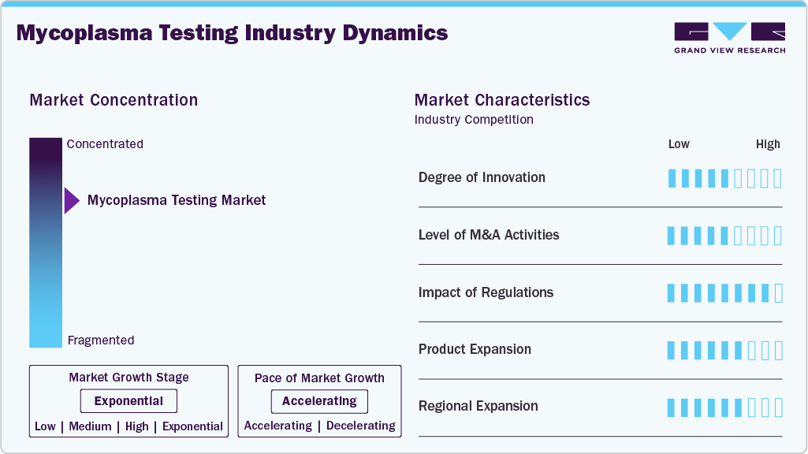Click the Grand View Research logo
pos(729,38)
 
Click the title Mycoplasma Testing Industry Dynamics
pos(232,33)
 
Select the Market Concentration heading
pos(114,100)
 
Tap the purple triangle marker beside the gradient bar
pos(71,201)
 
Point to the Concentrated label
pos(105,144)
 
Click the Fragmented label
pos(101,340)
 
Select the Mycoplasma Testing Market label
pos(177,200)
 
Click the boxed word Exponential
pos(128,401)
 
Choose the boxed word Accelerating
pos(319,401)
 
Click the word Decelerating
pos(360,426)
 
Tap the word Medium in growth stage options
pos(90,426)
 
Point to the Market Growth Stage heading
pos(128,378)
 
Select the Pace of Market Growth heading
pos(319,378)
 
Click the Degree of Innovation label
pos(482,177)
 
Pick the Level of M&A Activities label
pos(489,235)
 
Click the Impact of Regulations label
pos(486,292)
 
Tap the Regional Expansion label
pos(478,406)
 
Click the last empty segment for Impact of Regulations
pos(779,293)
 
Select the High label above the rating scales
pos(768,144)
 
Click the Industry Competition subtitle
pos(474,120)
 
